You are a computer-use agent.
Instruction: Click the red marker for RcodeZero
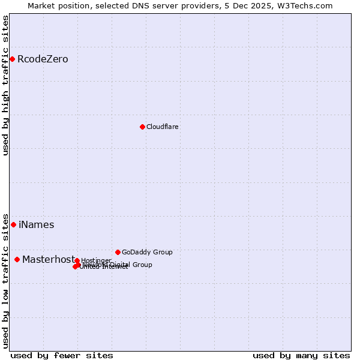(x=12, y=59)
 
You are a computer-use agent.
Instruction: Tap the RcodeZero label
(x=43, y=59)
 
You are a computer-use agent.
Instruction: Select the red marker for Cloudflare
(x=142, y=127)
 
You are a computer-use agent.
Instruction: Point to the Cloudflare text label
(x=162, y=127)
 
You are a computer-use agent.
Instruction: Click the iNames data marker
(x=13, y=224)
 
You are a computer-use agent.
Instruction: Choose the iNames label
(x=36, y=225)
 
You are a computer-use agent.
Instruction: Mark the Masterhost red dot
(x=17, y=259)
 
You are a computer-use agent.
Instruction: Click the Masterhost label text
(x=49, y=260)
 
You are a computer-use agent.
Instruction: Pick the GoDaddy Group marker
(x=118, y=252)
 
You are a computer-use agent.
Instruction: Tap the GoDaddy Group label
(x=147, y=253)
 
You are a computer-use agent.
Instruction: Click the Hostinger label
(x=96, y=260)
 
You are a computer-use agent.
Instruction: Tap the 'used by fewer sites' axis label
(x=62, y=355)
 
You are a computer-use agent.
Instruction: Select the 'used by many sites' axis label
(x=301, y=355)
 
